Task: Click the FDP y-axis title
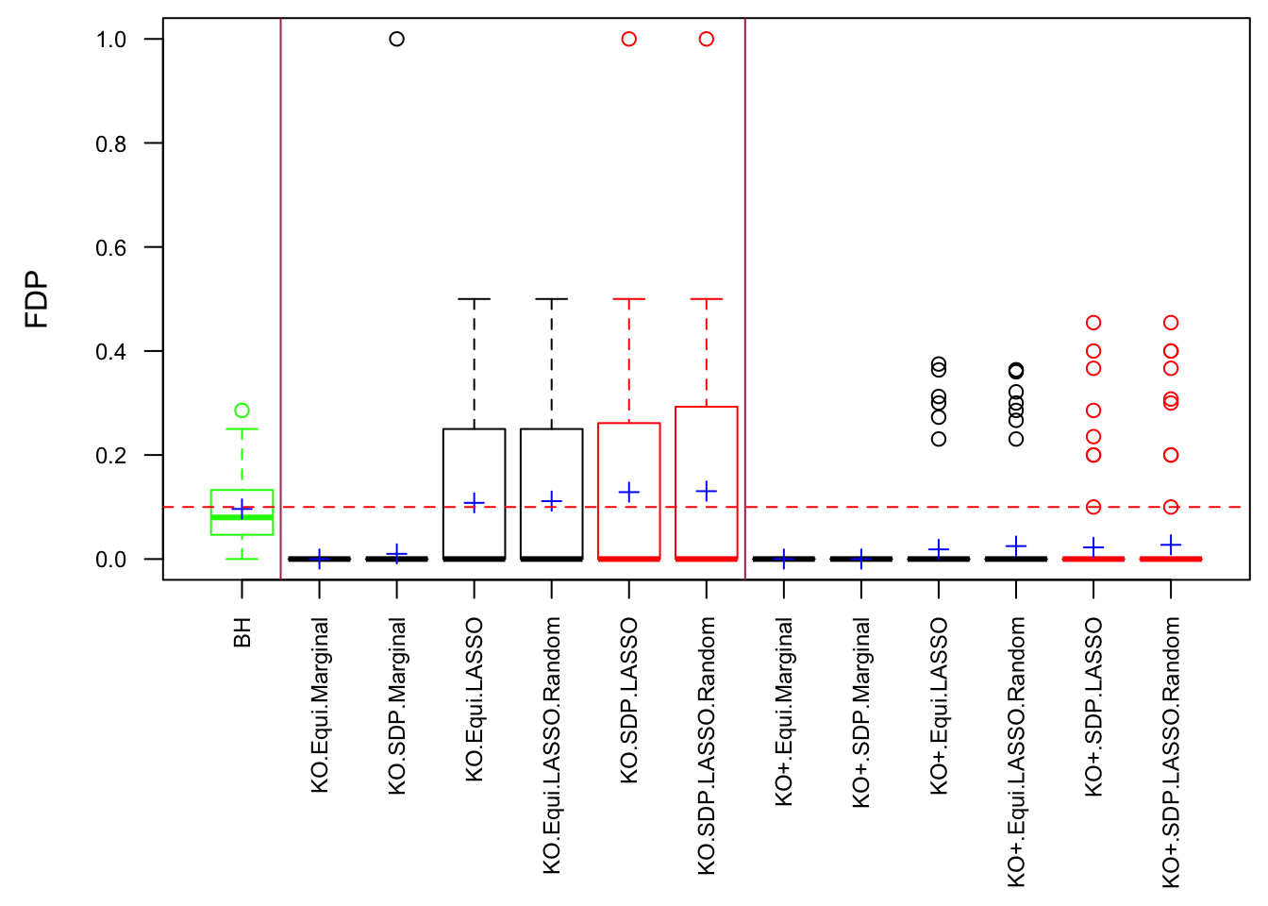[x=38, y=299]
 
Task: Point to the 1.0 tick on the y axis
[x=111, y=40]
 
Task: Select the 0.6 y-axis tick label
[x=111, y=247]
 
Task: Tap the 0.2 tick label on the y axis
[x=111, y=456]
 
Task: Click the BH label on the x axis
[x=242, y=632]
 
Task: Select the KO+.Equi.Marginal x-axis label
[x=784, y=712]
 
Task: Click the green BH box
[x=242, y=512]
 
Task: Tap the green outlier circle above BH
[x=242, y=411]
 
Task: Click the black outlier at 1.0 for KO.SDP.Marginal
[x=397, y=39]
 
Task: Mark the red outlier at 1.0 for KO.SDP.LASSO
[x=629, y=39]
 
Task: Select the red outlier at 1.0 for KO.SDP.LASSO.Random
[x=707, y=39]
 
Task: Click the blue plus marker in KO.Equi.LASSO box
[x=475, y=503]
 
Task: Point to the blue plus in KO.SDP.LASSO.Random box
[x=707, y=491]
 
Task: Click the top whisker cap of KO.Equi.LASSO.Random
[x=552, y=299]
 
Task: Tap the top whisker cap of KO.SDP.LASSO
[x=629, y=299]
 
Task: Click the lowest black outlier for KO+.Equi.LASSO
[x=939, y=439]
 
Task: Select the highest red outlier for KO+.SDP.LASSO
[x=1093, y=323]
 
